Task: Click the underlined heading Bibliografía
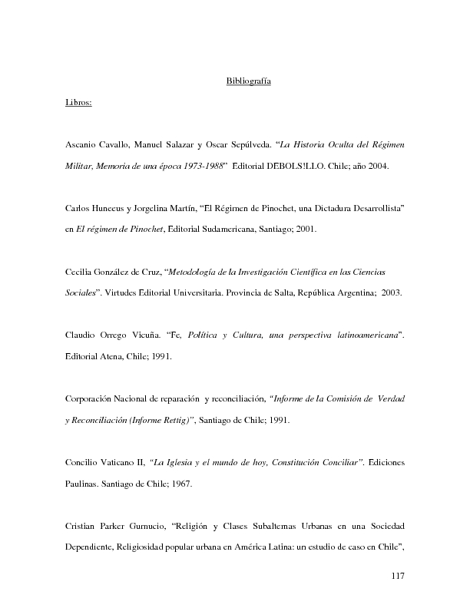point(247,81)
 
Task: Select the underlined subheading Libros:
point(79,102)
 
